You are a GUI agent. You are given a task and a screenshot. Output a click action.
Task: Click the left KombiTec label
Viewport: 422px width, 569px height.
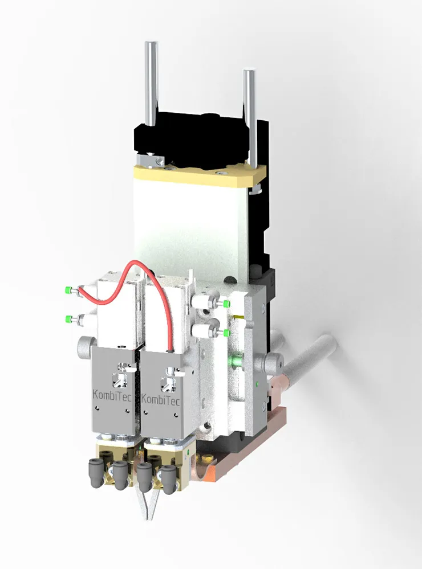click(112, 394)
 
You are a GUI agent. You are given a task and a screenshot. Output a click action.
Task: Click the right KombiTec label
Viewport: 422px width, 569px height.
click(160, 399)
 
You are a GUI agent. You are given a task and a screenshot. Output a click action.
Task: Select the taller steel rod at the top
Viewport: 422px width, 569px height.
click(151, 84)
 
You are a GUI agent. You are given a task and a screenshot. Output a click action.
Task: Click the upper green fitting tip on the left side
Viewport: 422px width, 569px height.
click(68, 290)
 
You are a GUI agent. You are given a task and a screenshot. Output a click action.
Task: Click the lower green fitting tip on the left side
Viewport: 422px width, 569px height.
click(68, 319)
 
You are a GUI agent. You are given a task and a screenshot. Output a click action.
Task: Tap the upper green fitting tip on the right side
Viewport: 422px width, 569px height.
click(227, 304)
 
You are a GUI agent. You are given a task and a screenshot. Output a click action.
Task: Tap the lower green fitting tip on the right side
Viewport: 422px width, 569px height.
click(227, 333)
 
